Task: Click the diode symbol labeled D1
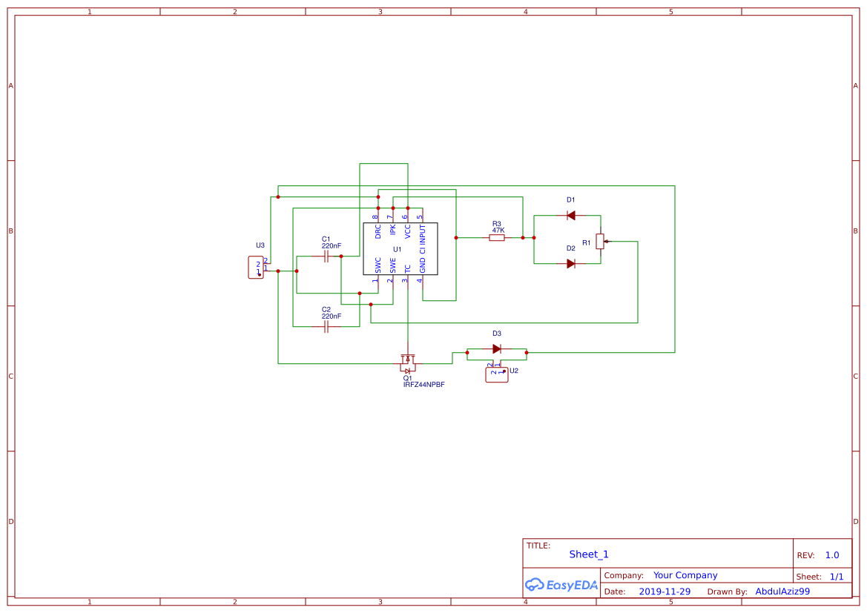coord(570,215)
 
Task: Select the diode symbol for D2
coord(570,263)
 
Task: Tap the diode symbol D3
coord(497,348)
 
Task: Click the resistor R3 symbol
coord(497,238)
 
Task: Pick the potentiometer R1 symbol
coord(600,241)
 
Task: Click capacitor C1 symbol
coord(326,256)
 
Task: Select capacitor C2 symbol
coord(326,327)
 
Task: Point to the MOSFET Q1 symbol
coord(407,364)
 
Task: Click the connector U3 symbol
coord(256,267)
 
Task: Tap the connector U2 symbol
coord(496,375)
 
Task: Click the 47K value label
coord(498,231)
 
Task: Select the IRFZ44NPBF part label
coord(423,385)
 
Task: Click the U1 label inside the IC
coord(398,249)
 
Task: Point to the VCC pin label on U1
coord(407,231)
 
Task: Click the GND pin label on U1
coord(423,265)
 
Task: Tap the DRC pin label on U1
coord(378,231)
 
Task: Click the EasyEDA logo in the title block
coord(561,585)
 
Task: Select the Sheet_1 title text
coord(589,554)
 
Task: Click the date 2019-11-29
coord(665,592)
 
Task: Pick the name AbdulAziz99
coord(782,592)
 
